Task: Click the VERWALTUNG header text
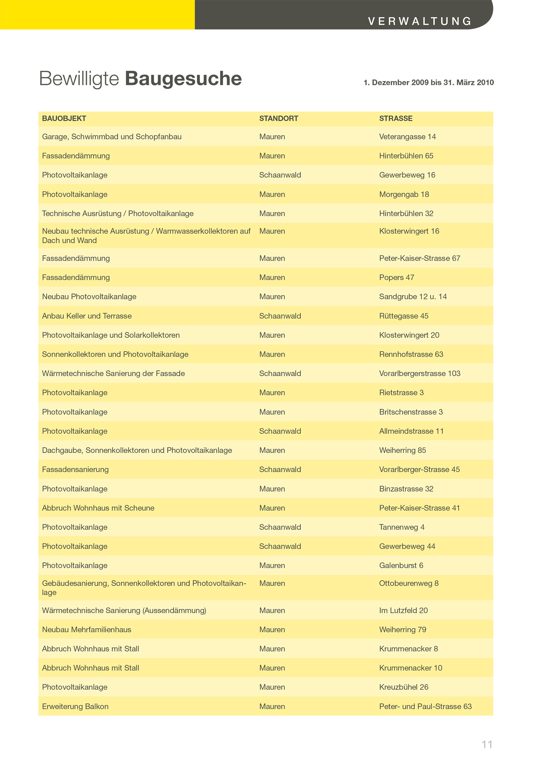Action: pyautogui.click(x=420, y=21)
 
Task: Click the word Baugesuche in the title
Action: pyautogui.click(x=183, y=79)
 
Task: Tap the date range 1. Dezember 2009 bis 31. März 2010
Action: pyautogui.click(x=428, y=83)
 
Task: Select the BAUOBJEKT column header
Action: pyautogui.click(x=64, y=118)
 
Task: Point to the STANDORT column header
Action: pyautogui.click(x=278, y=118)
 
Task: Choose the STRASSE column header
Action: pyautogui.click(x=396, y=118)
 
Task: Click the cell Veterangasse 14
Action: pyautogui.click(x=407, y=137)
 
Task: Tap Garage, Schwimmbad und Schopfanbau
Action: pyautogui.click(x=112, y=137)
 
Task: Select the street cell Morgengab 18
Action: pyautogui.click(x=404, y=194)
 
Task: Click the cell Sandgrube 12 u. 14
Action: pyautogui.click(x=413, y=297)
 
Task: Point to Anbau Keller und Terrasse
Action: pyautogui.click(x=87, y=316)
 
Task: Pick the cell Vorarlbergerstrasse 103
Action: pyautogui.click(x=419, y=373)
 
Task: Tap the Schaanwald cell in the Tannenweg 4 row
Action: pyautogui.click(x=280, y=527)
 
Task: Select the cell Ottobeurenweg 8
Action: pyautogui.click(x=409, y=583)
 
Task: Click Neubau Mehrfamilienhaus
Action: pyautogui.click(x=86, y=629)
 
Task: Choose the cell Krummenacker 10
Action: pyautogui.click(x=411, y=668)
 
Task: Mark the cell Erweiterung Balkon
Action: pyautogui.click(x=75, y=706)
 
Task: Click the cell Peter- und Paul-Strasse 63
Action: pyautogui.click(x=425, y=706)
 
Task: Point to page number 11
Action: pyautogui.click(x=487, y=745)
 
